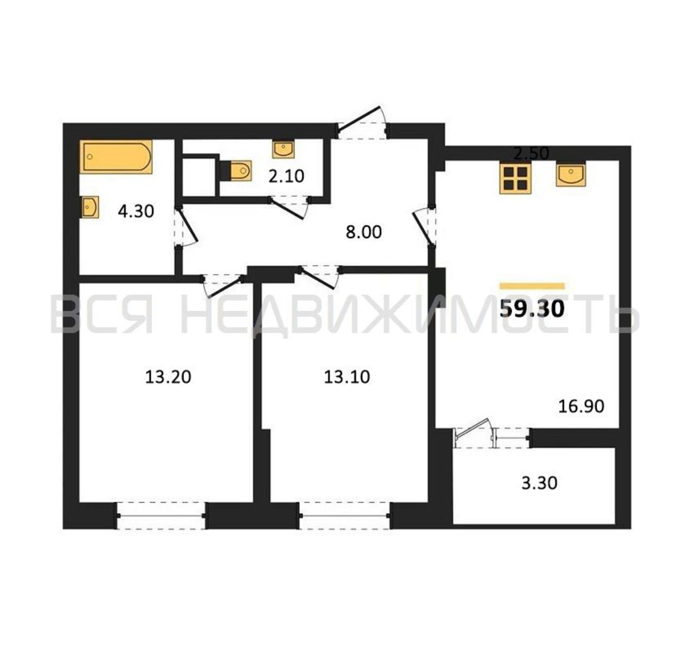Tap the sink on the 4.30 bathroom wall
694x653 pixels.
coord(90,207)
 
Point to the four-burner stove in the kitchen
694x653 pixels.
coord(515,178)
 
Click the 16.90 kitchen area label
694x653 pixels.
coord(581,406)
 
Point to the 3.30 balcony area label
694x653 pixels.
coord(539,483)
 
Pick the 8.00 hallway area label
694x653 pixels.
coord(364,232)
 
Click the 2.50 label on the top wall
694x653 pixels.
coord(532,153)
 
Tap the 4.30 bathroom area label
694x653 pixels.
coord(136,211)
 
